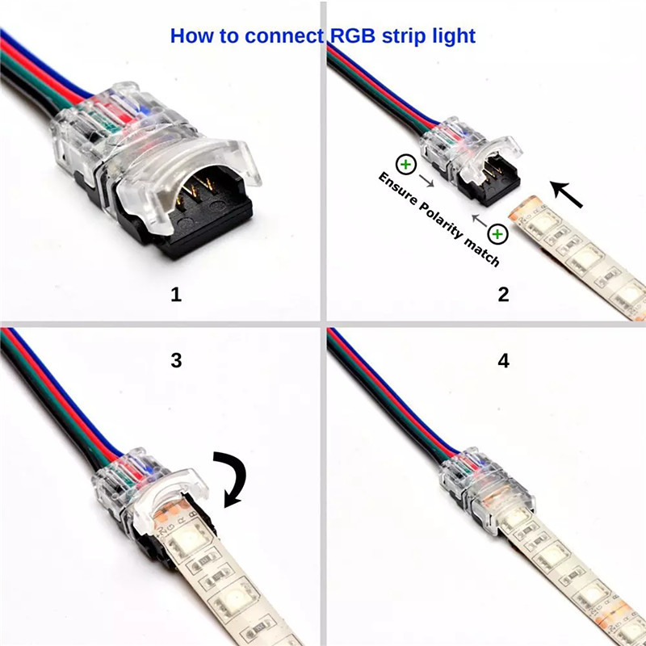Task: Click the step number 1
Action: pyautogui.click(x=176, y=295)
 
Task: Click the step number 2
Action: pyautogui.click(x=503, y=295)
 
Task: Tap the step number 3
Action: pyautogui.click(x=176, y=360)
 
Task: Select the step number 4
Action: pyautogui.click(x=503, y=360)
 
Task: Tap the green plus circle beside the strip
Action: pyautogui.click(x=498, y=235)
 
